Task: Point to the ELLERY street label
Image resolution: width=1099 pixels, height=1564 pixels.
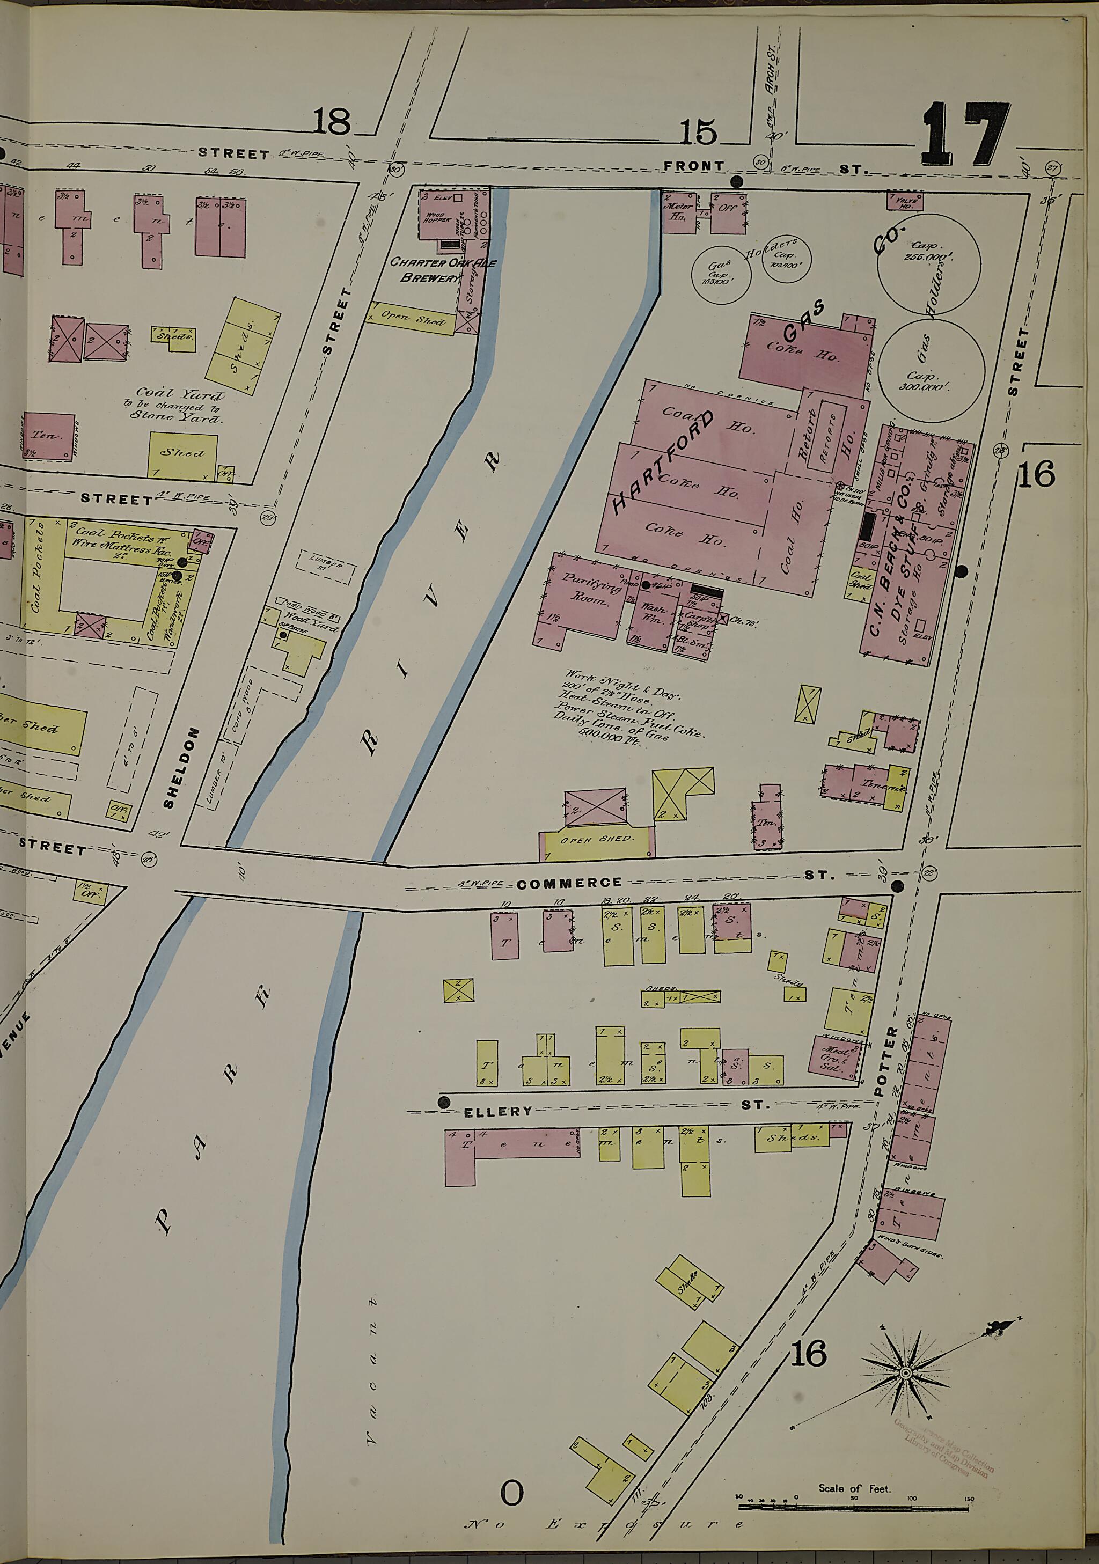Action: click(498, 1112)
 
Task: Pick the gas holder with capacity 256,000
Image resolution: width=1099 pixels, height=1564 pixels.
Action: click(928, 265)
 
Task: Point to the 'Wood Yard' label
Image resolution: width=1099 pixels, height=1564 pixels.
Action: click(310, 621)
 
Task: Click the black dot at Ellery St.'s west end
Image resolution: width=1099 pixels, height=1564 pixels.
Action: click(444, 1102)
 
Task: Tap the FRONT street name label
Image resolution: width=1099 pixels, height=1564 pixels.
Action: click(694, 166)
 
